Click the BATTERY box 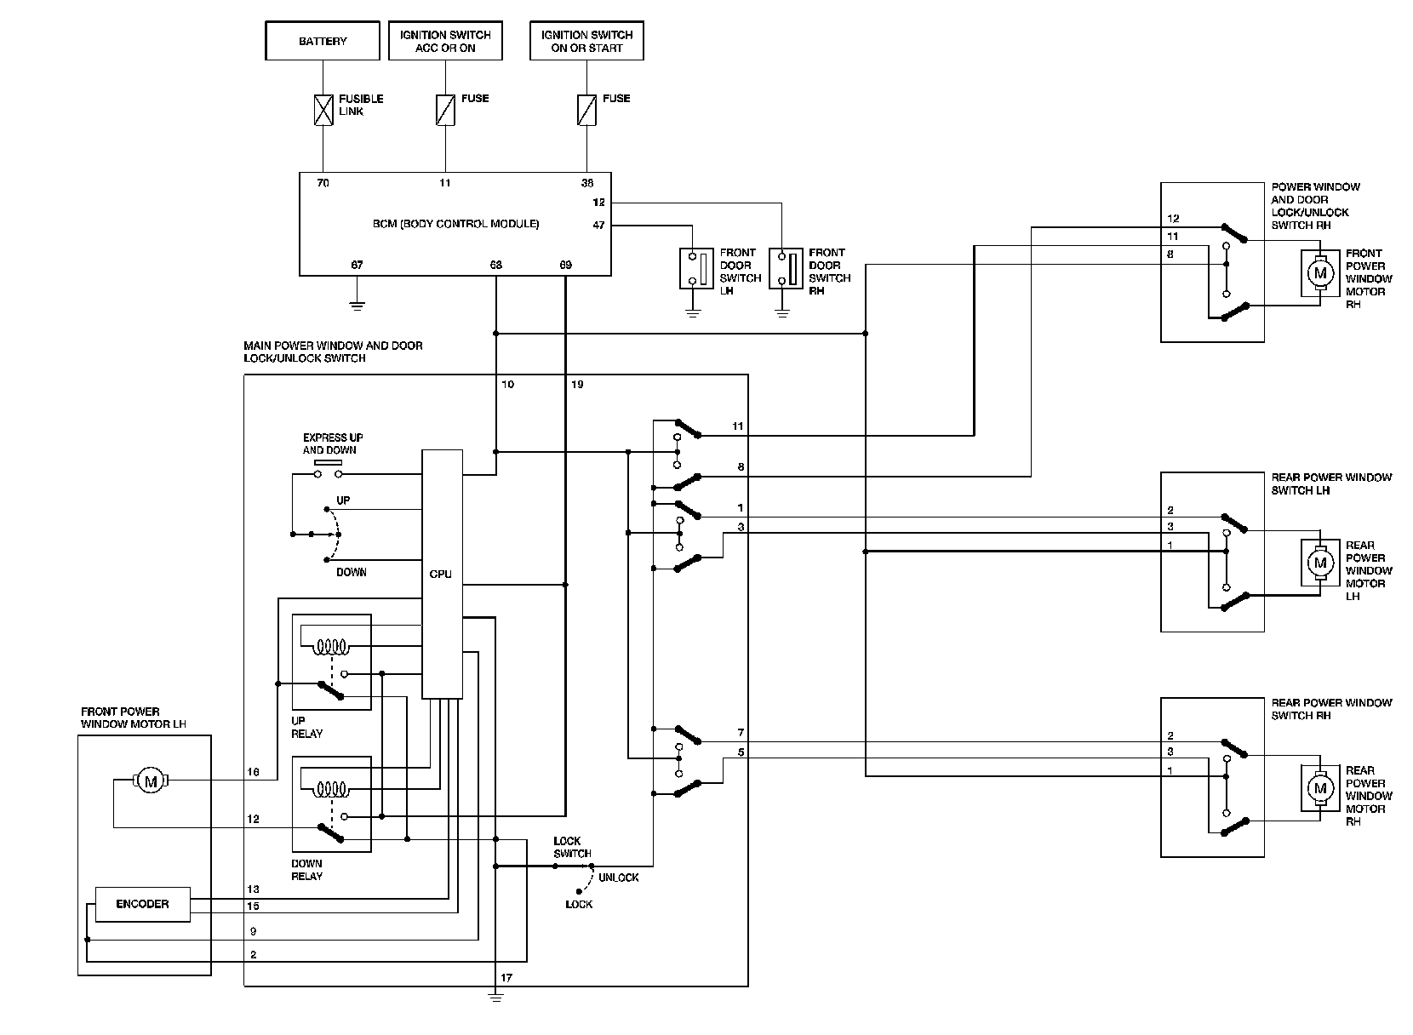click(323, 42)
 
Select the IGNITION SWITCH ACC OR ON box click(445, 42)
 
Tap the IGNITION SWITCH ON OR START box click(586, 42)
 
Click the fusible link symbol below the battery click(323, 111)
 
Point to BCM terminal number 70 click(323, 183)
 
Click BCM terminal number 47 click(599, 226)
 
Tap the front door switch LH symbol click(694, 268)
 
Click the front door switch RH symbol click(783, 268)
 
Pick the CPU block click(442, 574)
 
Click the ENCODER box click(142, 904)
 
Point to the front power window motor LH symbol click(151, 780)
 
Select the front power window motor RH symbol click(1320, 273)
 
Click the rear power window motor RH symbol click(1320, 789)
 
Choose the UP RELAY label click(306, 727)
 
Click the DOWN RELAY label click(306, 869)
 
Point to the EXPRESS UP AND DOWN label click(332, 443)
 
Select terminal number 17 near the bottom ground click(506, 978)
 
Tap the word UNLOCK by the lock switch click(618, 878)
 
